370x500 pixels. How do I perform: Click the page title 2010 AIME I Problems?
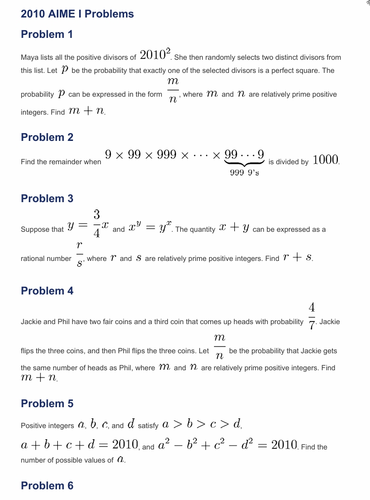(x=77, y=14)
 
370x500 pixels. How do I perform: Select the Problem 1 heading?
(x=47, y=34)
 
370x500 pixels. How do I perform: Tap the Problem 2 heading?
(x=47, y=138)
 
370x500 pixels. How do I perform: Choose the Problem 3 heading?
(x=47, y=199)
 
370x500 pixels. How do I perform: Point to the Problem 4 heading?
(x=47, y=291)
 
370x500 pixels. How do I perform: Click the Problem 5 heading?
(x=47, y=404)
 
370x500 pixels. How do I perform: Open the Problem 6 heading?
(x=47, y=486)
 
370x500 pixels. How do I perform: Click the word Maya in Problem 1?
(x=30, y=57)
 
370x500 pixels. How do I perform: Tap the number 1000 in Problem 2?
(x=325, y=160)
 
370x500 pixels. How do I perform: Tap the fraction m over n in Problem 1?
(x=173, y=89)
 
